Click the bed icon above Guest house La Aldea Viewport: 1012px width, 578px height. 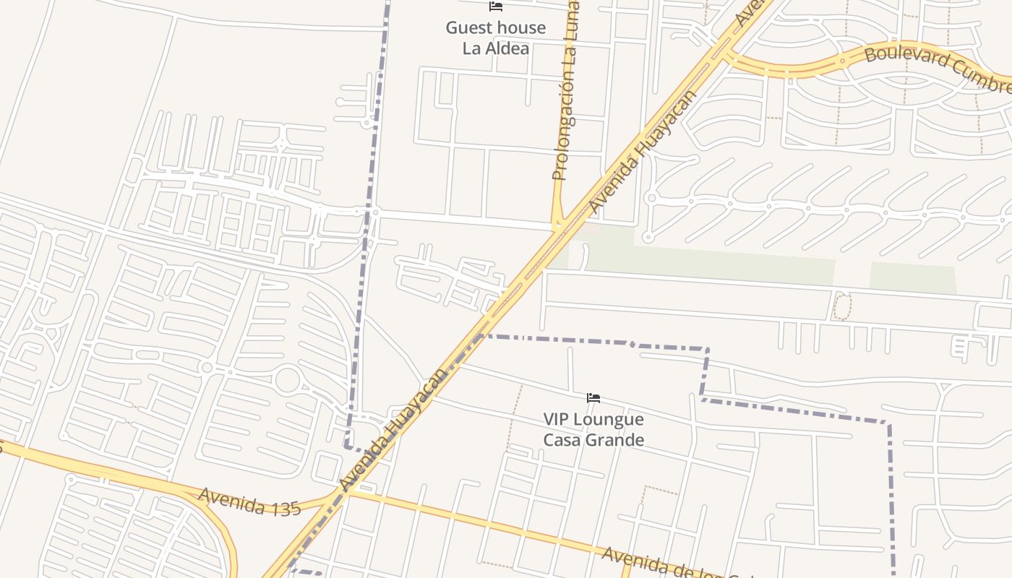pos(496,7)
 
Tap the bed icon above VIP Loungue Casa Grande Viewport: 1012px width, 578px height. pos(593,398)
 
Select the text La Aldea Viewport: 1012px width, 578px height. pos(496,48)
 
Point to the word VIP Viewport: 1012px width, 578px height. pos(557,420)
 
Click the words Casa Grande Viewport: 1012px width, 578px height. pos(593,440)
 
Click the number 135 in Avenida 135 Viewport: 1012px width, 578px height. pos(286,508)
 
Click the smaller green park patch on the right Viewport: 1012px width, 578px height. pos(912,277)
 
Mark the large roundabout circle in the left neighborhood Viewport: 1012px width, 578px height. pos(287,380)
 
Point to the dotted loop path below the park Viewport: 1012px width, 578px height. pos(843,306)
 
